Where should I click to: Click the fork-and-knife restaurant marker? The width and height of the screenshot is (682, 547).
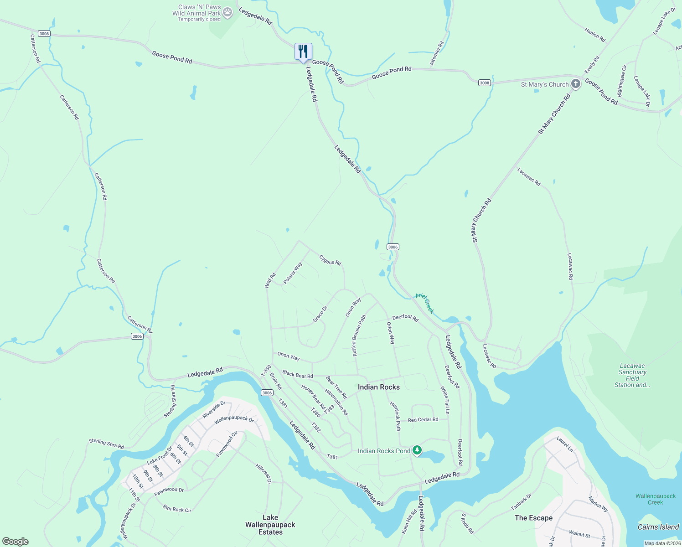303,52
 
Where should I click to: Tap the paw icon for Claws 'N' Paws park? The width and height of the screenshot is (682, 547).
227,13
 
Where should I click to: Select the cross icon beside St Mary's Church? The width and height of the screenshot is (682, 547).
576,84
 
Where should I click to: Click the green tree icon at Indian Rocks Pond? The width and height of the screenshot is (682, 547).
417,450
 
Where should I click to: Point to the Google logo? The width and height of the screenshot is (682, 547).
15,542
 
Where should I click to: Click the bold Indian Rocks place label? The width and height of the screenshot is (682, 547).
378,387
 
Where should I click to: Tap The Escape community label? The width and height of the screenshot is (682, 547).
533,518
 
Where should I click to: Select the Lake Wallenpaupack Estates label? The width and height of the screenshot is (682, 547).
270,525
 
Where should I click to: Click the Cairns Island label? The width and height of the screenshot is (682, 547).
658,527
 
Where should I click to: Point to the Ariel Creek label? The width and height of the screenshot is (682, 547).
425,303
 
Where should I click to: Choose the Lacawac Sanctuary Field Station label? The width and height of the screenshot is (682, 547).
632,375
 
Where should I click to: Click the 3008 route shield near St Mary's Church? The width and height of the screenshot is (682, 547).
484,83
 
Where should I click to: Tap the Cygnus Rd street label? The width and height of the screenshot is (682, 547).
330,260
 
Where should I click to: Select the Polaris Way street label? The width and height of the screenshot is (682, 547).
293,273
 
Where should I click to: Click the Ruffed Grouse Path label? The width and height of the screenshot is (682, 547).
359,335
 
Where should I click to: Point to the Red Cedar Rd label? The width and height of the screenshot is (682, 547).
423,419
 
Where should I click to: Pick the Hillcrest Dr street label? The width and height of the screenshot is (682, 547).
263,474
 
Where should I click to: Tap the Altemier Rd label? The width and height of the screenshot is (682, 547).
437,54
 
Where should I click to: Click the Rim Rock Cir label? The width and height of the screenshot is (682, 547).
177,509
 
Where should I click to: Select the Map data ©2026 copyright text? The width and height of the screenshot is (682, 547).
662,543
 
